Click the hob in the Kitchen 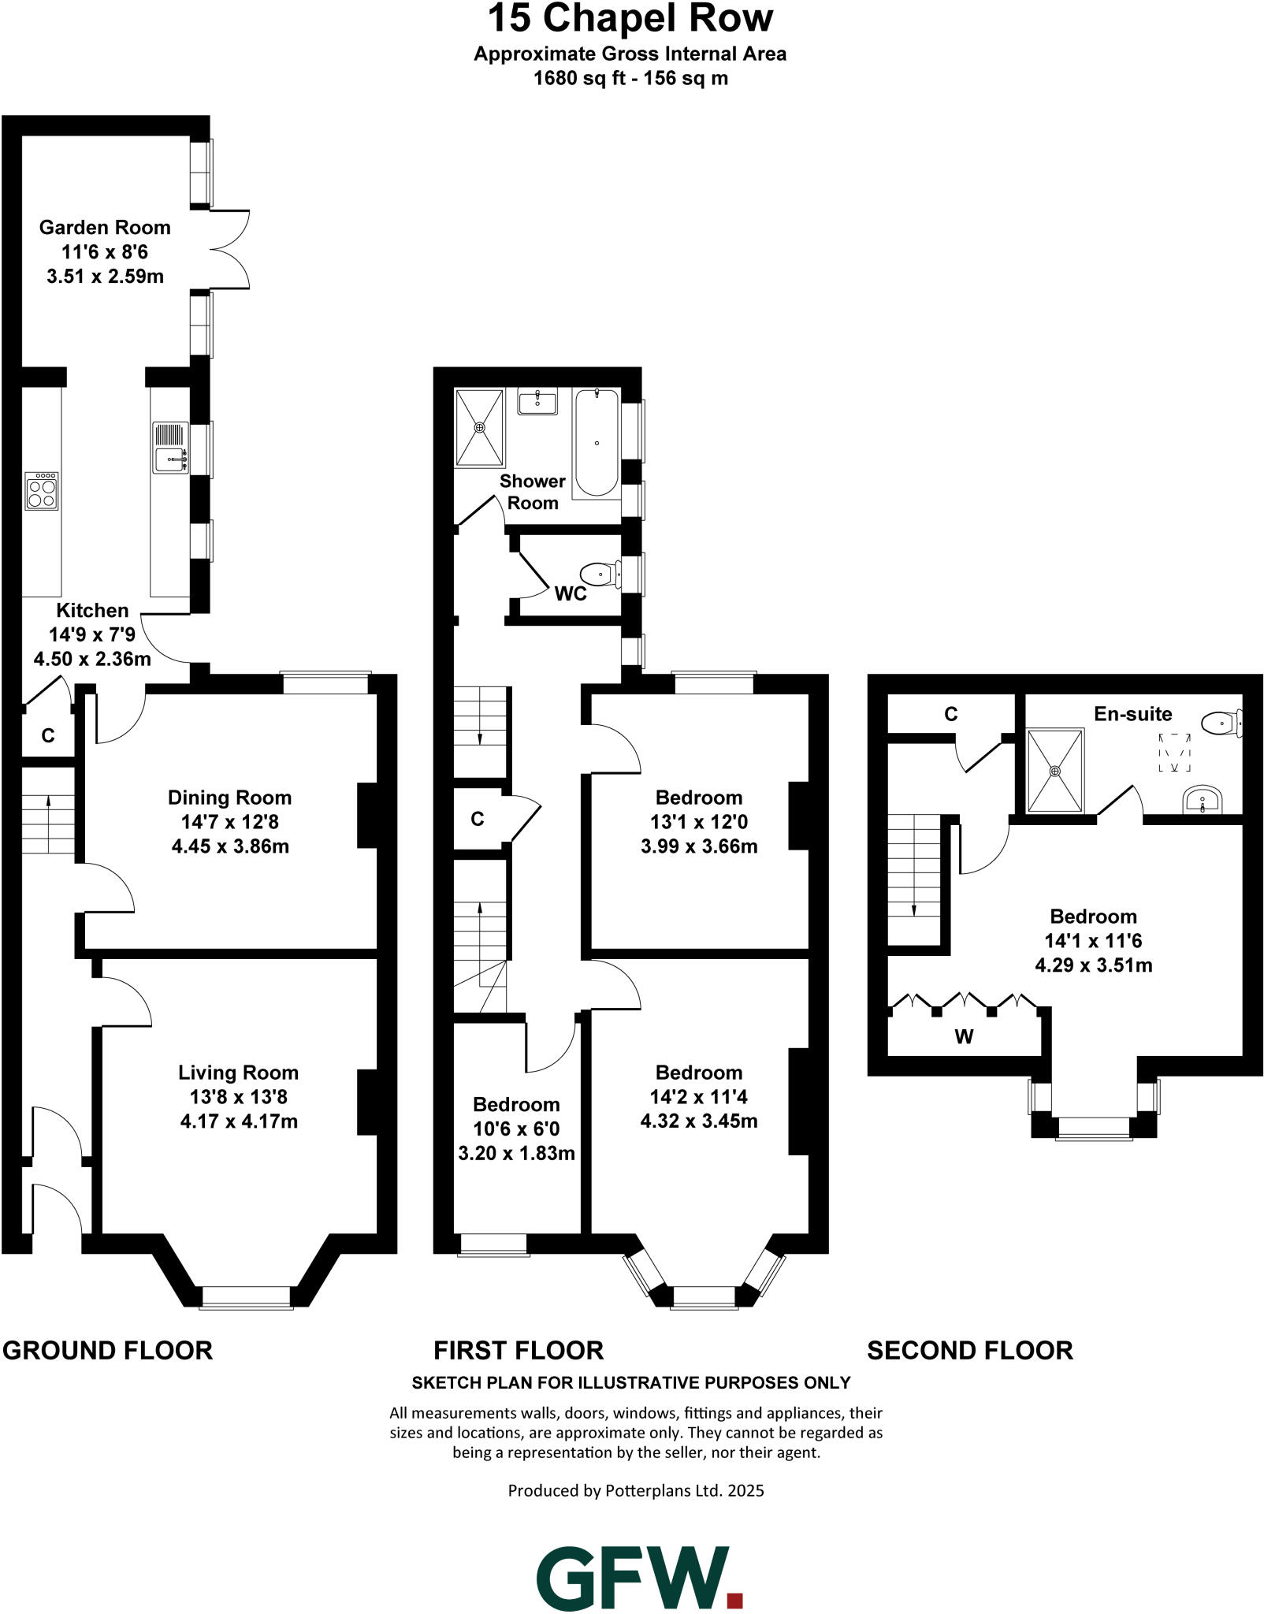(x=42, y=492)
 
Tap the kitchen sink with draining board (x=170, y=448)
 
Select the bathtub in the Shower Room (x=597, y=443)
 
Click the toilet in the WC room (x=599, y=575)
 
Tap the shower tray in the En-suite (x=1055, y=770)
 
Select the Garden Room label (x=105, y=228)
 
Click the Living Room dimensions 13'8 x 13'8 (x=238, y=1097)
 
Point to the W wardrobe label (x=964, y=1036)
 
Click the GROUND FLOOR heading (x=108, y=1350)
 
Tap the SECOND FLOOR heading (x=970, y=1350)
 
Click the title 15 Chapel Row (x=630, y=19)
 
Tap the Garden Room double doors (x=229, y=249)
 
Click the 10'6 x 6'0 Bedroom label (x=516, y=1129)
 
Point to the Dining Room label (x=229, y=798)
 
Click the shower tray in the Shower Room (x=479, y=427)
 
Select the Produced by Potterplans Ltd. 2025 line (x=636, y=1490)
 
